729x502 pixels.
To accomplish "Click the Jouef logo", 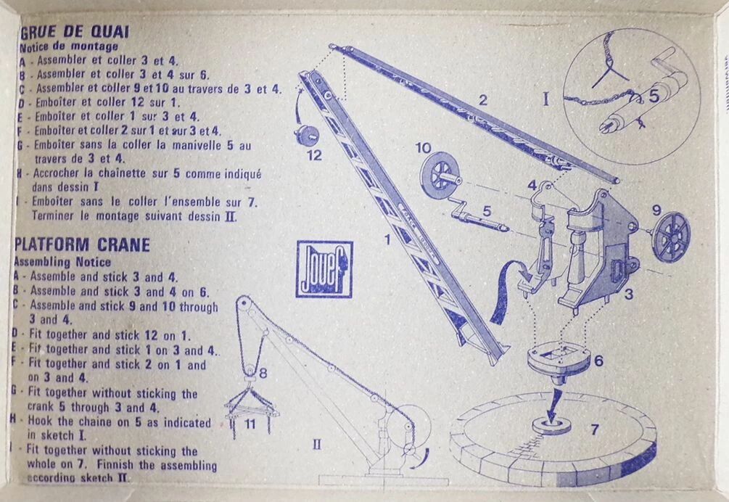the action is click(324, 269).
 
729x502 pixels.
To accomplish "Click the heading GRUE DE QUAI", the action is click(75, 32).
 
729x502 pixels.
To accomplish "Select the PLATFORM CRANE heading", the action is click(82, 244).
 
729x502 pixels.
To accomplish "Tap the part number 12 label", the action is click(314, 155).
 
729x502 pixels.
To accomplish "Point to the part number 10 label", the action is click(423, 148).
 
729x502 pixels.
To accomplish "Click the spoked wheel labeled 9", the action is click(671, 236).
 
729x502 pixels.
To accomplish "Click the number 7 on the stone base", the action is click(594, 429).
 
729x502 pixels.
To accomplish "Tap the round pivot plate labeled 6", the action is click(559, 360).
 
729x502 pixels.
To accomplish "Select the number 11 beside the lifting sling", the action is click(250, 424).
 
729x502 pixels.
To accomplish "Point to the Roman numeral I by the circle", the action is click(545, 99).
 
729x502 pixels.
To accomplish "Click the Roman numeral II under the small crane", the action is click(316, 445).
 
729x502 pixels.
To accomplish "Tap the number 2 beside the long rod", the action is click(484, 99).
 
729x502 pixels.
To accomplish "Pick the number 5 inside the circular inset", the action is click(654, 96).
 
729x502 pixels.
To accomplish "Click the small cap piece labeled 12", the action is click(306, 135).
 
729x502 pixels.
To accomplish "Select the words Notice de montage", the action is click(69, 46).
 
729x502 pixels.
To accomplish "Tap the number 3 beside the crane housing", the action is click(628, 294).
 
